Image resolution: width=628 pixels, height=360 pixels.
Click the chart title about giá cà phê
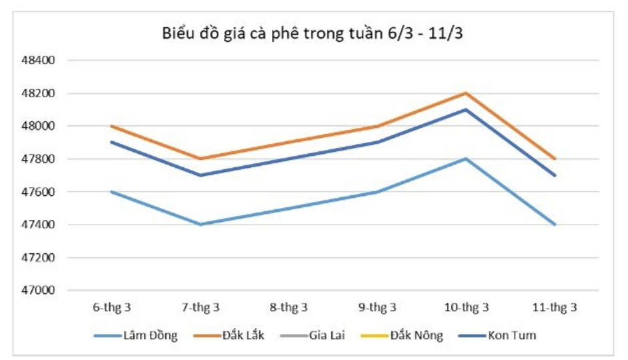[313, 34]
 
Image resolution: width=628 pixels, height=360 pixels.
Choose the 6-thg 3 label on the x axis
[111, 307]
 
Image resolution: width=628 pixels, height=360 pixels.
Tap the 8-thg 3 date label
[289, 307]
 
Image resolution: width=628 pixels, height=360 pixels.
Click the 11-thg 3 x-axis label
[555, 307]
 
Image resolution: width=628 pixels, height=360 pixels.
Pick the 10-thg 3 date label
[466, 307]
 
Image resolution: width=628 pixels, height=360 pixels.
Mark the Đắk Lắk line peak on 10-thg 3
[466, 93]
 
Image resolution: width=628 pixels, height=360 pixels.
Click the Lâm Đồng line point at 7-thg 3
[200, 225]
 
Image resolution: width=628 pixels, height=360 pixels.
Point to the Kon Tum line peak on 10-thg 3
[466, 109]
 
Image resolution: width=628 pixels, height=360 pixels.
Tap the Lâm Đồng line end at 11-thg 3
[555, 225]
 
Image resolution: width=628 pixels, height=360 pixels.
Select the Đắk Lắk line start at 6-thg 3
[111, 126]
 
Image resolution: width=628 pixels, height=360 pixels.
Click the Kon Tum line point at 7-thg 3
[200, 175]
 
